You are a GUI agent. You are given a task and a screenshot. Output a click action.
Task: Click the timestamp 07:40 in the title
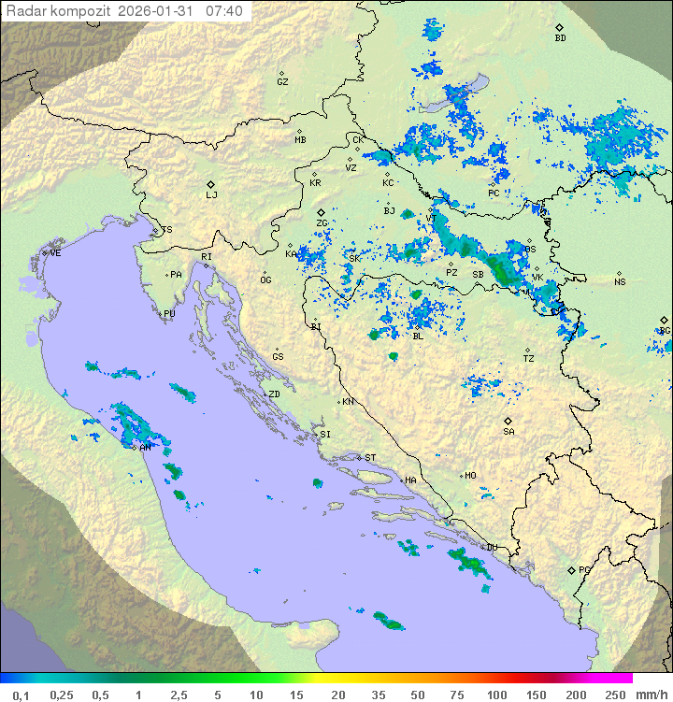coord(224,11)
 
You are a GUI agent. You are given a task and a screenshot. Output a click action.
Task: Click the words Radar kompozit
coord(58,11)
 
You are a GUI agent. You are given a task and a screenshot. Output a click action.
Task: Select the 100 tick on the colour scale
coord(495,695)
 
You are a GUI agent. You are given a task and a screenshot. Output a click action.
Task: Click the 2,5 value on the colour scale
coord(178,695)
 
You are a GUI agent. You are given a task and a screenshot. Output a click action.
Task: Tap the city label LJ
coord(211,195)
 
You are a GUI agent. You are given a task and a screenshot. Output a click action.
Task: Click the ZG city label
coord(322,223)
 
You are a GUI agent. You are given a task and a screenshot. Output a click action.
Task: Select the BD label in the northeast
coord(560,38)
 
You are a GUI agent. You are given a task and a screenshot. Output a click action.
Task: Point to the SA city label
coord(508,432)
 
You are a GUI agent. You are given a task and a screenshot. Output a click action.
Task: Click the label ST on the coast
coord(370,458)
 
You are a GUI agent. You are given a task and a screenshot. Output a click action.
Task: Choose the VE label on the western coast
coord(55,253)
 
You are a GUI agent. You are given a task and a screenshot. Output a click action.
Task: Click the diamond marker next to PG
coord(571,569)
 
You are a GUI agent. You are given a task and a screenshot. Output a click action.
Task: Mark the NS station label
coord(620,282)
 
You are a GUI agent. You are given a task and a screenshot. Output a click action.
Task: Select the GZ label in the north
coord(282,82)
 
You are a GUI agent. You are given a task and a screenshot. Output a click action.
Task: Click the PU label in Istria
coord(169,314)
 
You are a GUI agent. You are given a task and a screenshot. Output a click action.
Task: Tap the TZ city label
coord(529,359)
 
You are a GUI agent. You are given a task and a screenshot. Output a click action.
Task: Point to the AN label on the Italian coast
coord(145,448)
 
